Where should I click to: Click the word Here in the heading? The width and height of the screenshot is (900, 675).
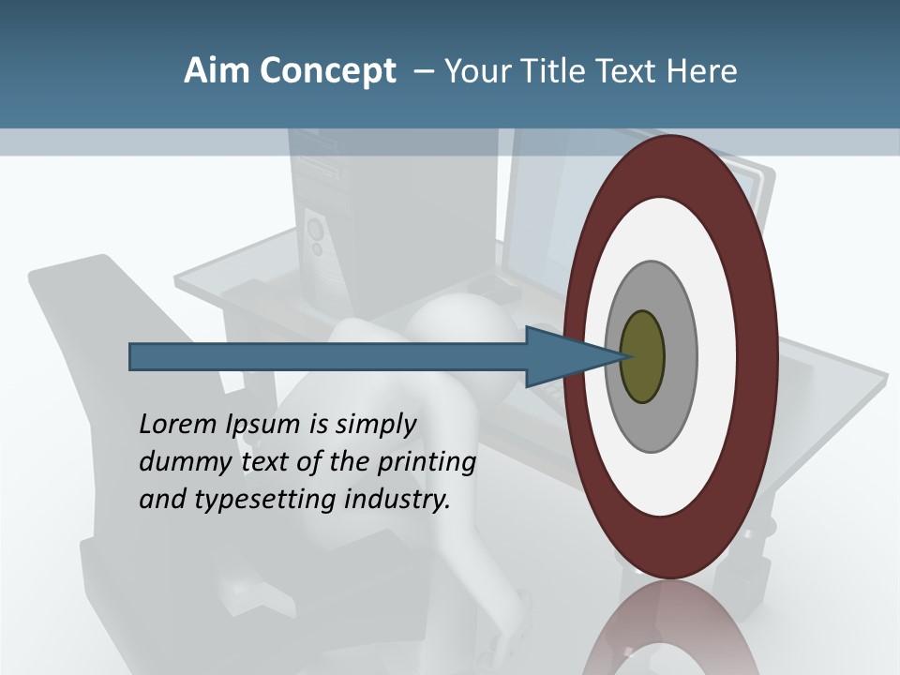[702, 71]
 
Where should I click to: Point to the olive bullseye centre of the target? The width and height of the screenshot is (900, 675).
[642, 357]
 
